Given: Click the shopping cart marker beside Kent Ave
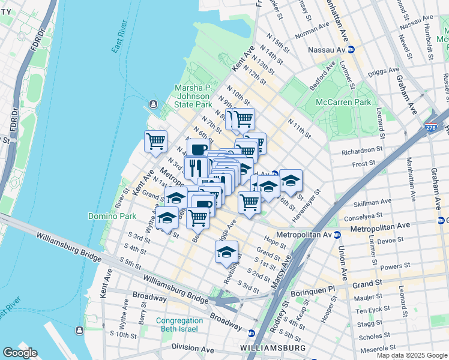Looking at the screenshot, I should point(155,142).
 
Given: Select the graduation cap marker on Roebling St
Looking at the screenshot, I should point(226,252).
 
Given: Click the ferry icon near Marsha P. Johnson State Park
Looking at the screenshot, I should point(153,106).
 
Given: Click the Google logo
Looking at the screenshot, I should point(20,353).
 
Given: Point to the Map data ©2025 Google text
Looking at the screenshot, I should point(411,355).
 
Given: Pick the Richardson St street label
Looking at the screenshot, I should point(362,149).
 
